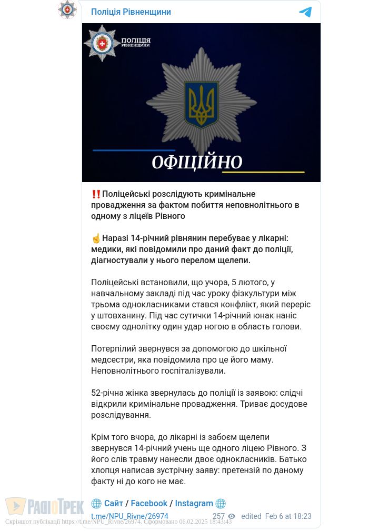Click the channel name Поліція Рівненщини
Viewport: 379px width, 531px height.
click(131, 12)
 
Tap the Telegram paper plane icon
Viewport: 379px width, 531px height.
click(305, 12)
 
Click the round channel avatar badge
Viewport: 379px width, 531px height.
click(67, 9)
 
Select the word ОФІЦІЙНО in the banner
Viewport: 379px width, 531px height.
click(197, 163)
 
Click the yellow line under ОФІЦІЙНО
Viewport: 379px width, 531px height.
click(263, 172)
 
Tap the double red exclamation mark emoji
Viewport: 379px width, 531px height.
click(96, 194)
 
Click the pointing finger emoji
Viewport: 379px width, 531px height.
click(96, 238)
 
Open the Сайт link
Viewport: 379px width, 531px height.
click(114, 504)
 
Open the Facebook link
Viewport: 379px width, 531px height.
click(149, 504)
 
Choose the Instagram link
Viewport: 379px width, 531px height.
click(194, 504)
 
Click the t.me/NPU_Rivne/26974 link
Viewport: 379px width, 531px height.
click(129, 516)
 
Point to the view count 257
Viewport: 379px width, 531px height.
click(218, 516)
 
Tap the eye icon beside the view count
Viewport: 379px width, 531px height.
click(232, 517)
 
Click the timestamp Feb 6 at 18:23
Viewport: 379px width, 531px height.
click(288, 516)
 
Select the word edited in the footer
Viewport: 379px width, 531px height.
click(251, 516)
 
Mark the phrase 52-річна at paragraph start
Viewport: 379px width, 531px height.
click(108, 393)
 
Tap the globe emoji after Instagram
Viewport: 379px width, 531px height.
click(221, 504)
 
